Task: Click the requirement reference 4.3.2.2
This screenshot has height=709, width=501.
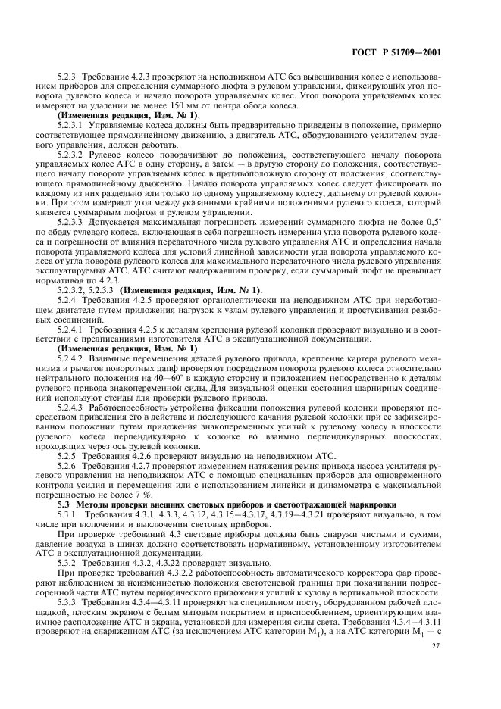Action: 168,573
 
